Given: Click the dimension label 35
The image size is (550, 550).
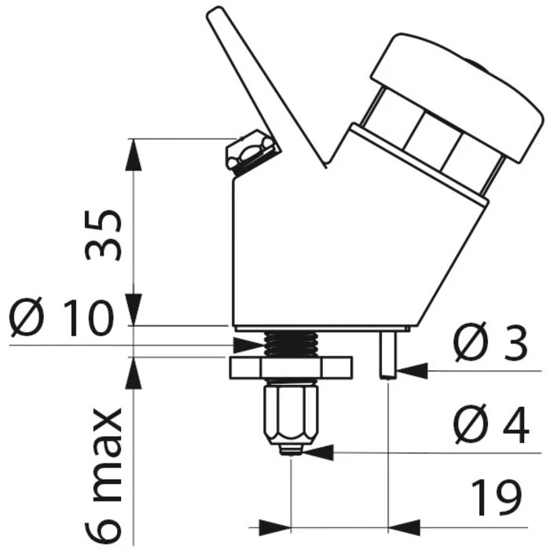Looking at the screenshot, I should coord(104,233).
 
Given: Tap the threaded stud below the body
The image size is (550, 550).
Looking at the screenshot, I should coord(291,343).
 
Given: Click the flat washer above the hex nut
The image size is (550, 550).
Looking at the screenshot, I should coord(291,366).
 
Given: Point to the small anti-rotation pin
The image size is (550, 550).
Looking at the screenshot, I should coord(387,353).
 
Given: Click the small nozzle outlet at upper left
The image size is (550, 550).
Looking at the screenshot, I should coord(251,151).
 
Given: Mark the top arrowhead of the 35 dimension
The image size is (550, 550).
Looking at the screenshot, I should coord(134,149).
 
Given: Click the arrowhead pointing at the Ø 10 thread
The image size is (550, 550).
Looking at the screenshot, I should coord(250,344).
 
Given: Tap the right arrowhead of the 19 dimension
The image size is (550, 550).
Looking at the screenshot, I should coord(402,524).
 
